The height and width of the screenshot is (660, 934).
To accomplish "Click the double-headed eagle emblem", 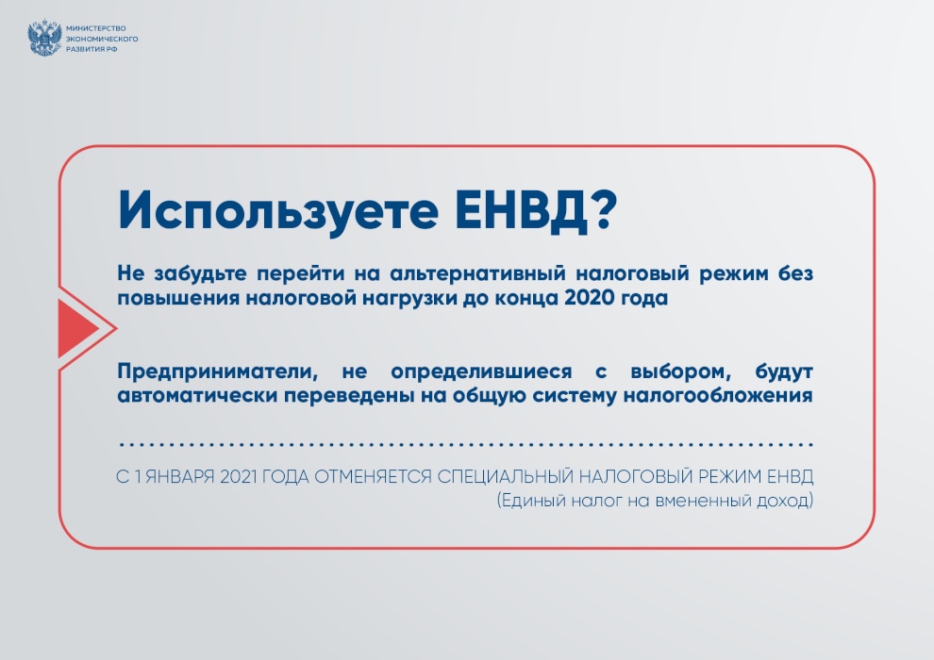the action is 44,38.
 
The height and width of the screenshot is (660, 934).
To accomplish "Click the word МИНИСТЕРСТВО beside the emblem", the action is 96,28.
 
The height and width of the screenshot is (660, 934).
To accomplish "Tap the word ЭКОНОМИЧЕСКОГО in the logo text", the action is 102,39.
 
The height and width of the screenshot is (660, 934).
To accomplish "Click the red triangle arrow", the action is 78,328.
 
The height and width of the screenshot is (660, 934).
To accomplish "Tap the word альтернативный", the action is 477,273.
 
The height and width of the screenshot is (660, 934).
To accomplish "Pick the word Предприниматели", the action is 217,371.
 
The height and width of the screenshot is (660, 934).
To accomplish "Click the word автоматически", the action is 195,395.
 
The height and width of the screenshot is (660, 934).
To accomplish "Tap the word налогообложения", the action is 718,395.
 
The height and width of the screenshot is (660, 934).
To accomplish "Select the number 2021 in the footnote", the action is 240,477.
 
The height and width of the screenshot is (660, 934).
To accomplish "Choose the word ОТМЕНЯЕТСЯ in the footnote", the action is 373,477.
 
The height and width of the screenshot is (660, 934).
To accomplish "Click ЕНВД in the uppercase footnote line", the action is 790,477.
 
